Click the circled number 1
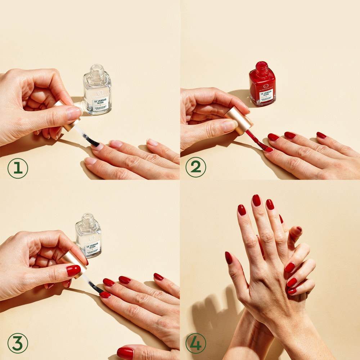point(18,168)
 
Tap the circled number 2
point(195,167)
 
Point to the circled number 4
point(195,343)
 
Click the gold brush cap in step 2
point(238,120)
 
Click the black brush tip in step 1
point(93,142)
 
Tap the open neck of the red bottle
point(262,67)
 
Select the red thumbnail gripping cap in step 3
point(73,270)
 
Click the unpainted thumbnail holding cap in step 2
point(229,125)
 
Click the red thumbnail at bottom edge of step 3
point(125,353)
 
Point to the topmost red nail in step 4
point(256,200)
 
